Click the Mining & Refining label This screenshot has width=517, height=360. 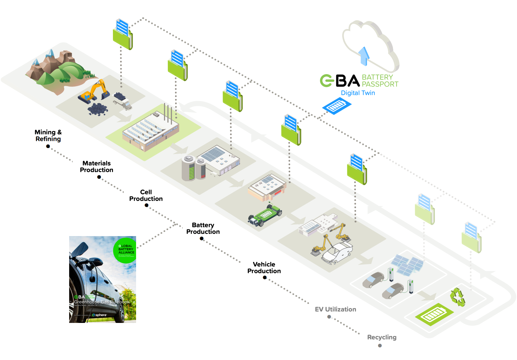[x=48, y=136]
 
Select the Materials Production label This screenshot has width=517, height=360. [x=96, y=167]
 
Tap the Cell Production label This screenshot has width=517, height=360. [x=146, y=196]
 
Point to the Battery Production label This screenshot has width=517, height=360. [x=203, y=228]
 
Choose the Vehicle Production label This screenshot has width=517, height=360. [x=264, y=268]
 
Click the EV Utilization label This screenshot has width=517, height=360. [x=335, y=309]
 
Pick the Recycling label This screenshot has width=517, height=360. [x=382, y=337]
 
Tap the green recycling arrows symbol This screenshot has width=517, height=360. [x=458, y=297]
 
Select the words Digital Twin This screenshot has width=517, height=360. [x=358, y=93]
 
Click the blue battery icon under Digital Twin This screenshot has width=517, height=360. [x=337, y=106]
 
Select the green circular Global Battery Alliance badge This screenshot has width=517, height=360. [x=125, y=250]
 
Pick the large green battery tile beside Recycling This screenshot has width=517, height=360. [x=434, y=314]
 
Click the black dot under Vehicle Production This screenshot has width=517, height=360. [x=265, y=278]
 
